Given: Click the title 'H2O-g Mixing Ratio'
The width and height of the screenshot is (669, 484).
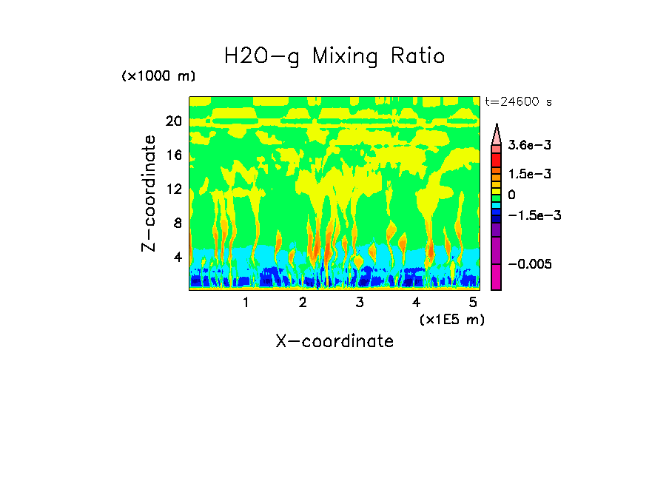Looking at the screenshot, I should [334, 56].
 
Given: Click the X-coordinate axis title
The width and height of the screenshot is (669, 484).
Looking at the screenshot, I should [334, 341].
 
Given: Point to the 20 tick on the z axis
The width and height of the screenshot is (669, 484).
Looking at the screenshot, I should [173, 121].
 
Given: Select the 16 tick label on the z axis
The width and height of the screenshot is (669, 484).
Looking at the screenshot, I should [173, 155].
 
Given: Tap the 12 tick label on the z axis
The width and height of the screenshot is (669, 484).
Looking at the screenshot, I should [173, 189].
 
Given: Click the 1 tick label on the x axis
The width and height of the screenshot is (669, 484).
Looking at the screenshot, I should [246, 303].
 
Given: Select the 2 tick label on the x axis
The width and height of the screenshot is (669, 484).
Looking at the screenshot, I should [303, 303].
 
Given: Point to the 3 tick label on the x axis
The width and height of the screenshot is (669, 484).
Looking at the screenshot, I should [360, 303].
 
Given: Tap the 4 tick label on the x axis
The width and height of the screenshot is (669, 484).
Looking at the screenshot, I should [417, 303].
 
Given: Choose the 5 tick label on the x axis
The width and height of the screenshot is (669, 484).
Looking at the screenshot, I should [473, 303].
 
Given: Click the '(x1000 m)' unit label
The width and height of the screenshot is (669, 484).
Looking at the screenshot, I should [158, 77].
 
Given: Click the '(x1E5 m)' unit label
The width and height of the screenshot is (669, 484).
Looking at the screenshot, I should [451, 319].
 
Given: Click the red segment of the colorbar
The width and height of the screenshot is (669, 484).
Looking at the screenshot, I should [497, 159].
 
